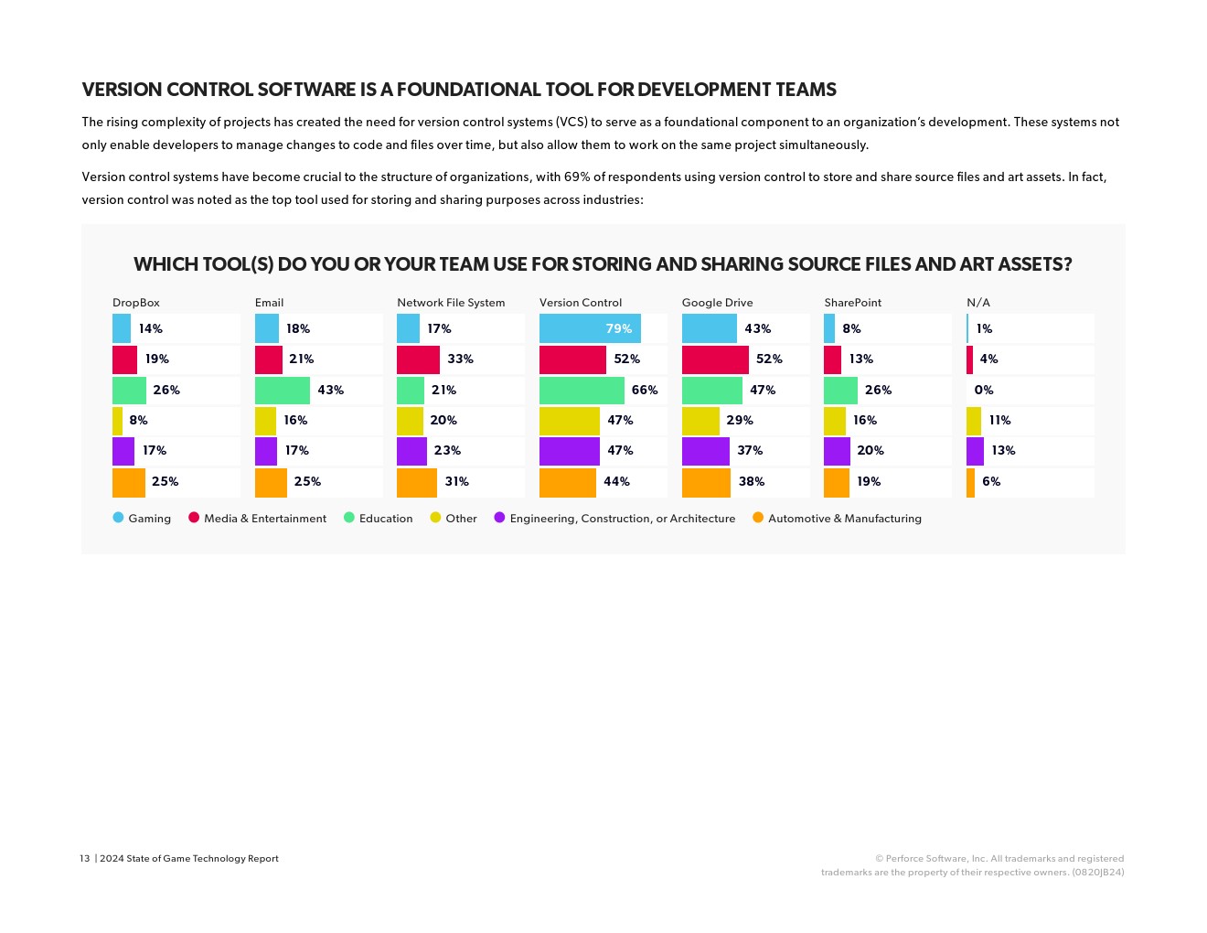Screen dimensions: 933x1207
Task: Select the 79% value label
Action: (x=618, y=328)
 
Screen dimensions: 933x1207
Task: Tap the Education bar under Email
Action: (x=282, y=390)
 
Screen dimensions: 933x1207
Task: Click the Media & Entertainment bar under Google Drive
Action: (x=714, y=359)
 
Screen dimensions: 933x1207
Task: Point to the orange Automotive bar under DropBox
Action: (x=128, y=482)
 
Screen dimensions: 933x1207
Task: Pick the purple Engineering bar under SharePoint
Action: (x=836, y=451)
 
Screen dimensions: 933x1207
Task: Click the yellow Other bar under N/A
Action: (x=973, y=421)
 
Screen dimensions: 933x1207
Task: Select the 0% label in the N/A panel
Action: (x=983, y=390)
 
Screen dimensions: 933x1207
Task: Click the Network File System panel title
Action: (x=451, y=303)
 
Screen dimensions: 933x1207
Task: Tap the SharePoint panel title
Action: (x=852, y=303)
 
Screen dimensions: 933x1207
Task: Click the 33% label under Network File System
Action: (x=460, y=359)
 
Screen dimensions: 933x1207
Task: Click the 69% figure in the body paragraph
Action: (x=577, y=177)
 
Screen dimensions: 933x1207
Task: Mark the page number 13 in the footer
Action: (x=85, y=859)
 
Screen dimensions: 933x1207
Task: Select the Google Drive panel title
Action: (x=717, y=303)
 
